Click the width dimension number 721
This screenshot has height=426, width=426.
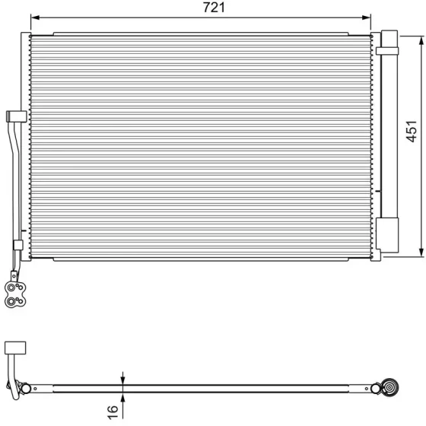[x=214, y=8]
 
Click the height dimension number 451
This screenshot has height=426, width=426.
[x=412, y=131]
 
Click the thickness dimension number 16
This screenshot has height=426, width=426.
[x=113, y=412]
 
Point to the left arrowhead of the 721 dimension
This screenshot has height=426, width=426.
[x=35, y=17]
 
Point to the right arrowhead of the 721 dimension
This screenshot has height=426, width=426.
[x=367, y=17]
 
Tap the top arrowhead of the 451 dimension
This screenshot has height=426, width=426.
[x=421, y=41]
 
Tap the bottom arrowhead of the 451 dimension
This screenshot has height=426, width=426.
[x=421, y=253]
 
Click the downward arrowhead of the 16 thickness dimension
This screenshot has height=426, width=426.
[x=122, y=380]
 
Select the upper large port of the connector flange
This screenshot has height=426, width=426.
[x=11, y=288]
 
